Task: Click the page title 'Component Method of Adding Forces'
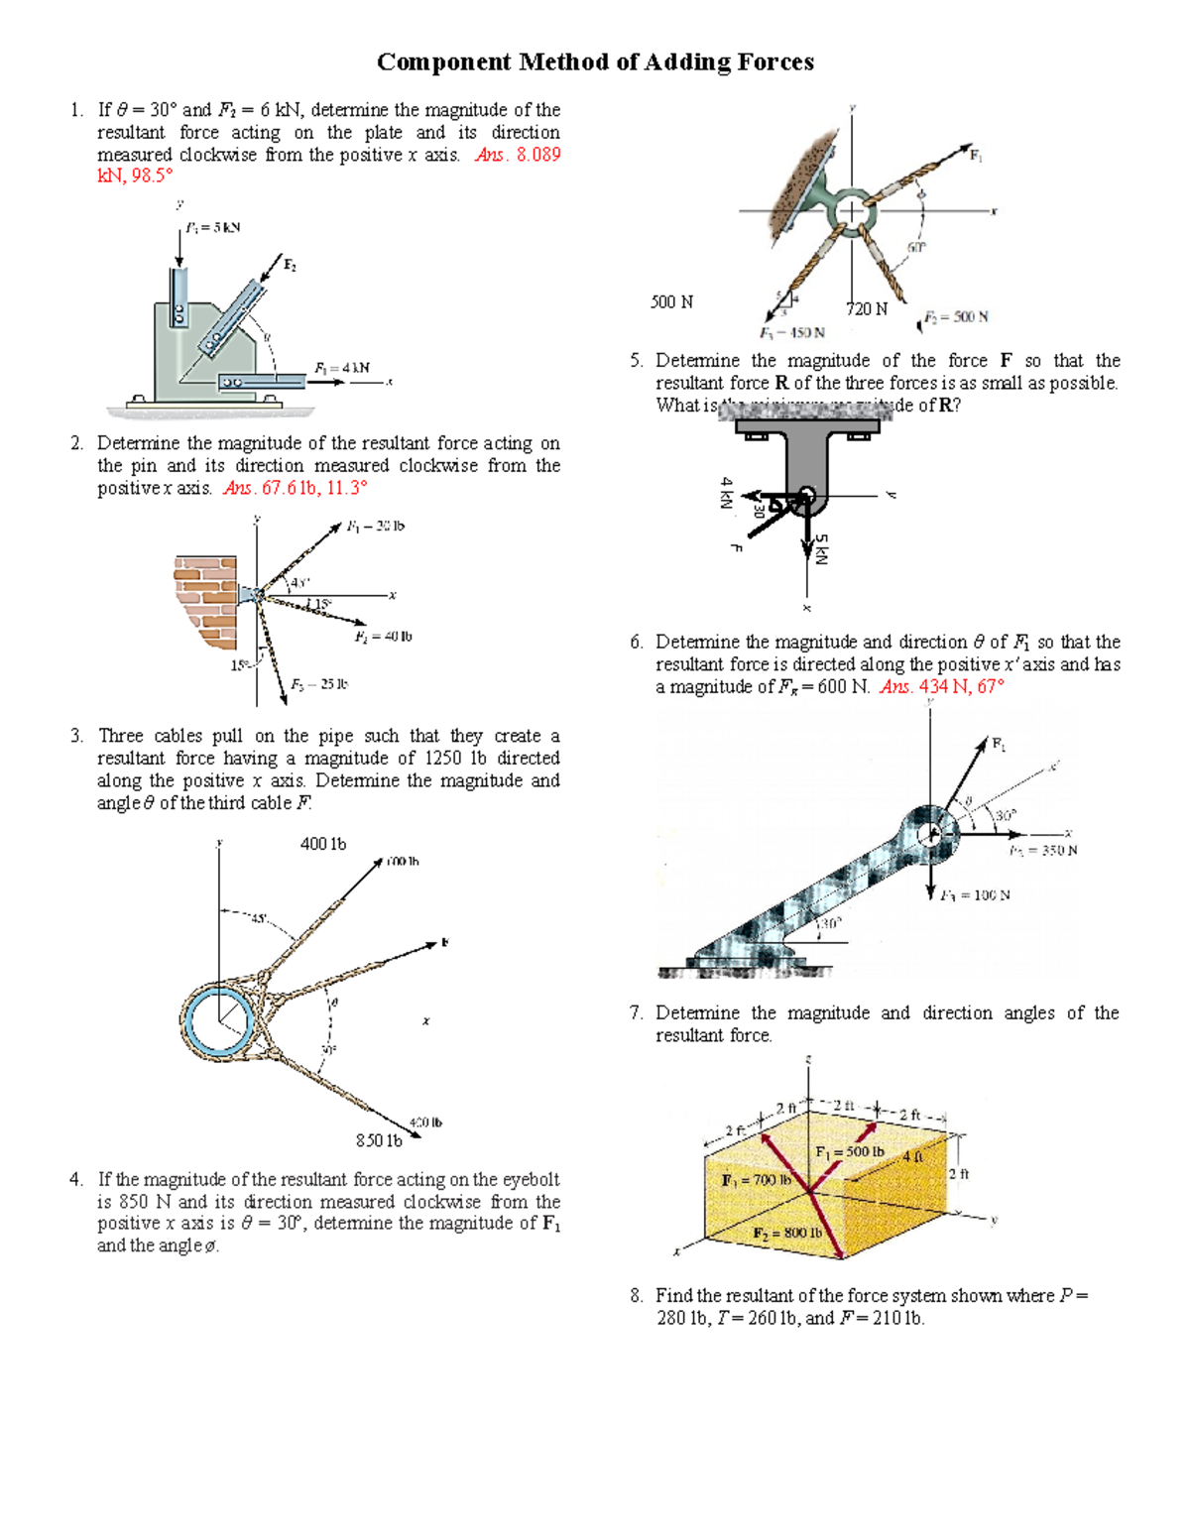pos(595,62)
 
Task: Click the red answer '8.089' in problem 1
pos(538,155)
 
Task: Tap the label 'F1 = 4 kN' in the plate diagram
pos(341,368)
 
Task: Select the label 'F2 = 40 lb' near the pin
pos(383,637)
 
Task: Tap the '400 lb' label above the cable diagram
pos(323,844)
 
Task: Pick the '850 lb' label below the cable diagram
pos(379,1140)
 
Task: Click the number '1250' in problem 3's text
pos(442,759)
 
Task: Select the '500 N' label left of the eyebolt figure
pos(671,301)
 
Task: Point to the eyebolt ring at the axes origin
pos(851,211)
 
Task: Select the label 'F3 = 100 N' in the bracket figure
pos(975,895)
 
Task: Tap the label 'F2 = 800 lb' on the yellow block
pos(787,1233)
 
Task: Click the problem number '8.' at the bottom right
pos(637,1296)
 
